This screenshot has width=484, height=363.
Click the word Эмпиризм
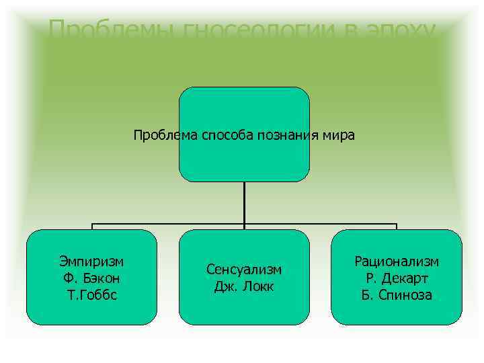pyautogui.click(x=91, y=261)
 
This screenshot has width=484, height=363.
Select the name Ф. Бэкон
pyautogui.click(x=91, y=278)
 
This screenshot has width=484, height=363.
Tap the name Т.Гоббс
pyautogui.click(x=91, y=294)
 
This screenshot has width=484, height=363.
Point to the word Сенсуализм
pyautogui.click(x=244, y=270)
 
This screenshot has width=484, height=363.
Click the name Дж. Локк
pyautogui.click(x=244, y=287)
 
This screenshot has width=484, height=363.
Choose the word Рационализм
pyautogui.click(x=397, y=261)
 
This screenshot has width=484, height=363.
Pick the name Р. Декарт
pyautogui.click(x=397, y=278)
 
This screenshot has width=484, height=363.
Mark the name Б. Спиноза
pyautogui.click(x=397, y=294)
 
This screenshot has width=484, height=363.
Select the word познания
pyautogui.click(x=290, y=135)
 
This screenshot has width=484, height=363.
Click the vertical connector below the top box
pyautogui.click(x=244, y=202)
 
